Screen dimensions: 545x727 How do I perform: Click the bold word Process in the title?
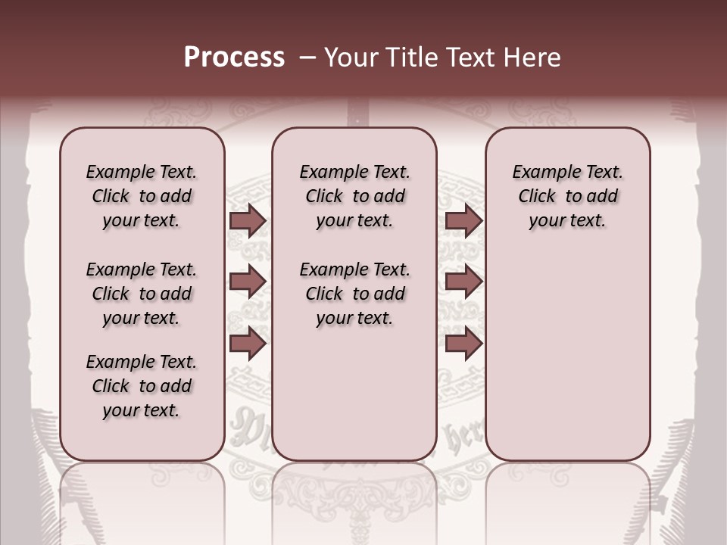tap(234, 58)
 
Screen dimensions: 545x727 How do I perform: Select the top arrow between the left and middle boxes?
tap(248, 221)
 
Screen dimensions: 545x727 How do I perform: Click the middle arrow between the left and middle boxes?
tap(248, 282)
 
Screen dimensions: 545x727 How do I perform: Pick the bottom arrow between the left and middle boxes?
tap(248, 343)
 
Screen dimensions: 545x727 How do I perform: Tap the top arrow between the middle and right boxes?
tap(463, 221)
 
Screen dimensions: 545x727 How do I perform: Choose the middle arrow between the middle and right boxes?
tap(463, 282)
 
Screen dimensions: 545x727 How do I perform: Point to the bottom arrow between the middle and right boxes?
tap(463, 343)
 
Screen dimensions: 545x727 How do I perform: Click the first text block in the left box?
tap(142, 196)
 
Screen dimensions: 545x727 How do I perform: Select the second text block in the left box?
tap(142, 294)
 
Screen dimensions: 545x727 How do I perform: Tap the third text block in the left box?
tap(142, 386)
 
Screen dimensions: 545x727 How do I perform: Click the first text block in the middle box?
tap(354, 196)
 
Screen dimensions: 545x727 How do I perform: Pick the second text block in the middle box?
tap(354, 294)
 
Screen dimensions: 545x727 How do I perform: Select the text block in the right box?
tap(568, 196)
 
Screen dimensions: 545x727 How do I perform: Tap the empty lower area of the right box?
tap(568, 356)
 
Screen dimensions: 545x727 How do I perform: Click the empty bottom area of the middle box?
tap(354, 401)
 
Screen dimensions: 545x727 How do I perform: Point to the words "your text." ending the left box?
tap(142, 410)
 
